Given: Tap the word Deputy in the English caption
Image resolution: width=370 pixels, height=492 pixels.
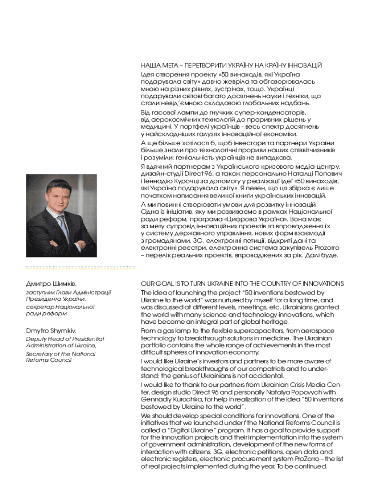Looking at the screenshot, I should coord(36,339).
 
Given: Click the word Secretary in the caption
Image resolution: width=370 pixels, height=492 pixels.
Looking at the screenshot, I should coord(39,354).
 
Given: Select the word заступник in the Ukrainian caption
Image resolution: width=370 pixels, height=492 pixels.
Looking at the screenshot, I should coord(39,292).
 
